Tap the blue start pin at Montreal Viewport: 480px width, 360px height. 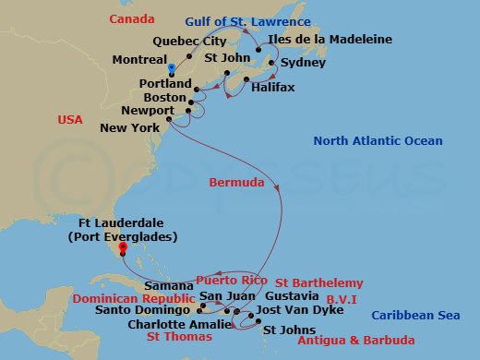tap(172, 68)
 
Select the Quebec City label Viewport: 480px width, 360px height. tap(188, 40)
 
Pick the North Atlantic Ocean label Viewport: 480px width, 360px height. tap(378, 140)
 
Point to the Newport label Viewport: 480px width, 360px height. tap(149, 111)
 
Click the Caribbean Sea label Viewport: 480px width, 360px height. tap(415, 316)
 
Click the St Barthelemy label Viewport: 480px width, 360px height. tap(319, 282)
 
